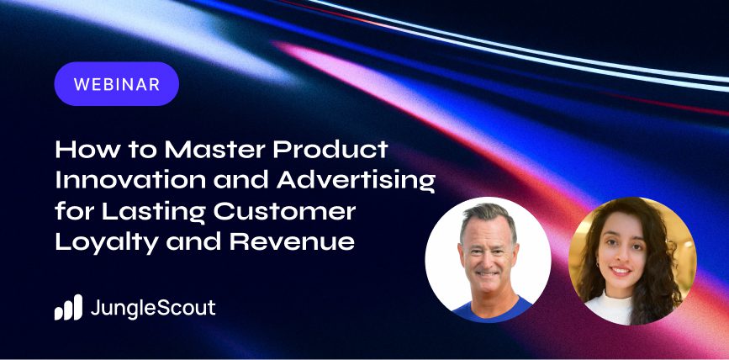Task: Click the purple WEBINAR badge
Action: [116, 84]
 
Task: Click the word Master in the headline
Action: [210, 151]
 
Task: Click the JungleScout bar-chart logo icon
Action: [68, 308]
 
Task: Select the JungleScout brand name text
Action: [152, 308]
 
